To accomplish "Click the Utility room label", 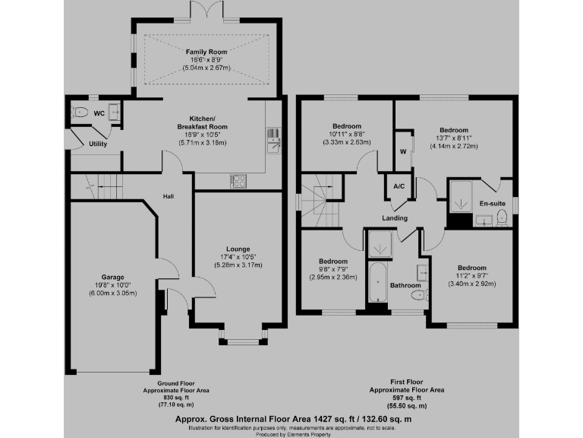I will point(98,144).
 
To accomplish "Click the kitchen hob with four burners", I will point(238,181).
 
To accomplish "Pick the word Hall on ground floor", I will point(169,196).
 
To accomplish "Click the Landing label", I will point(395,218).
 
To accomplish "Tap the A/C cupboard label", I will point(399,186).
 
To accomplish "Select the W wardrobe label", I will point(403,151).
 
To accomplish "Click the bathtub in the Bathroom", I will point(377,284).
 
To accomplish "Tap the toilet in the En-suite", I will point(502,219).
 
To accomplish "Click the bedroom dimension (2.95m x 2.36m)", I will point(335,277).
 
